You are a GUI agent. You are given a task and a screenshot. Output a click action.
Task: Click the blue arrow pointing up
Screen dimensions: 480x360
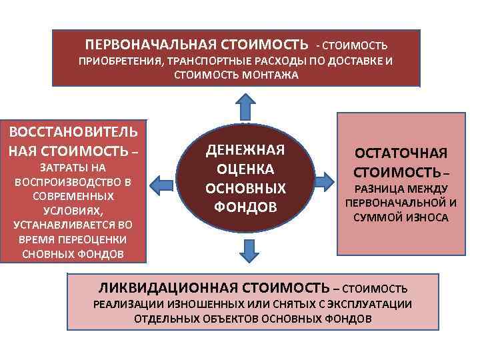245,107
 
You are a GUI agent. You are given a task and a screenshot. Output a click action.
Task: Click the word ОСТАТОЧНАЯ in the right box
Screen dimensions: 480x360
401,153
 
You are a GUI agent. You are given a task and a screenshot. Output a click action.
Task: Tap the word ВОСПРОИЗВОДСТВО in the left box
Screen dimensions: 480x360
67,181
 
